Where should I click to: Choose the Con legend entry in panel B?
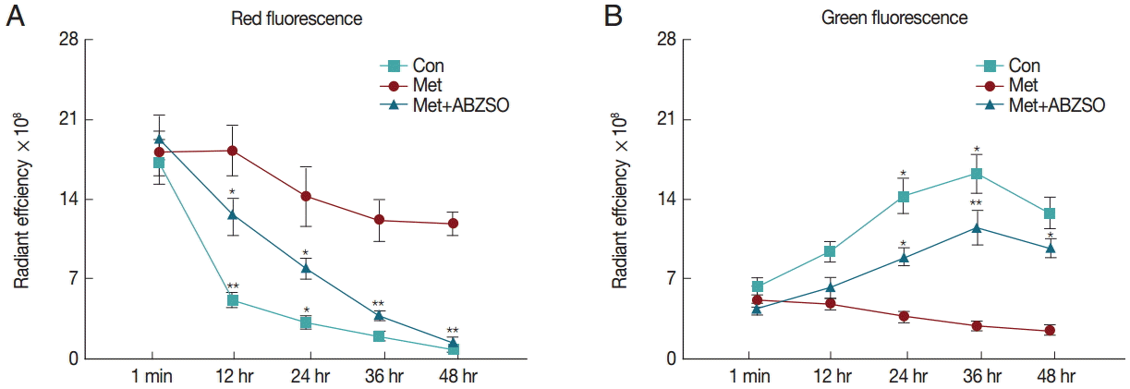1024,66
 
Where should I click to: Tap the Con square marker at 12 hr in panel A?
233,300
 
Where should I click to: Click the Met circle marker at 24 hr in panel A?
305,196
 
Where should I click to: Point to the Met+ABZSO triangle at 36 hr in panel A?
379,315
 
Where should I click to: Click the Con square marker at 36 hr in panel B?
976,174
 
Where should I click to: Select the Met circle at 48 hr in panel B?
1050,330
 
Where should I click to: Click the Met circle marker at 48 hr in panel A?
453,224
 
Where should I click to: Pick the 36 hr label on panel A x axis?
379,376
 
